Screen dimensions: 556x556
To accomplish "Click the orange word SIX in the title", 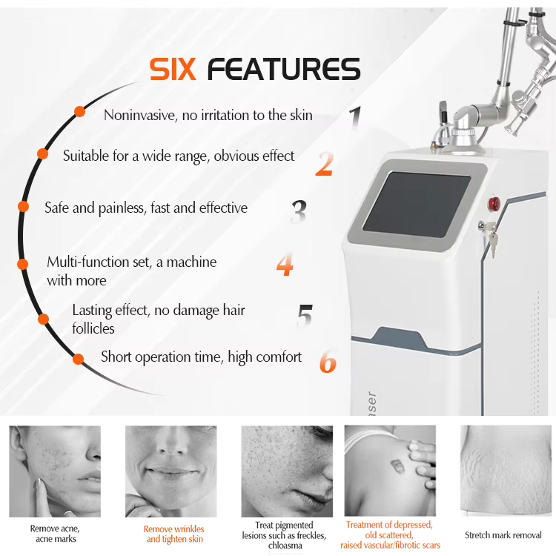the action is click(x=173, y=69).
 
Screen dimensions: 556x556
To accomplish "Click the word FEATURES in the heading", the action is click(x=284, y=69).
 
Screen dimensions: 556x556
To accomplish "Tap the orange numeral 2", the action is click(x=325, y=164).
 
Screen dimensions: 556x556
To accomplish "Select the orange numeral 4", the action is click(x=285, y=264).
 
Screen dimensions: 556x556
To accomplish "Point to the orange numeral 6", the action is click(x=328, y=362).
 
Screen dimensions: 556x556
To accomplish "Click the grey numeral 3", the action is click(x=299, y=211).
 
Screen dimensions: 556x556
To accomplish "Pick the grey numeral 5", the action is click(x=305, y=316).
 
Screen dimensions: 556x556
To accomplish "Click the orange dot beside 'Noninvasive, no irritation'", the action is click(x=80, y=112).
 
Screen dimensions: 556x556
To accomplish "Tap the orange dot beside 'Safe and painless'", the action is click(x=24, y=206).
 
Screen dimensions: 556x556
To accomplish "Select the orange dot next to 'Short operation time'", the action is click(x=78, y=359).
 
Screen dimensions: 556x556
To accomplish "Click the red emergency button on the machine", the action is click(x=494, y=204).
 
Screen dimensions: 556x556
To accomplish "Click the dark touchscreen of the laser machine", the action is click(x=417, y=205).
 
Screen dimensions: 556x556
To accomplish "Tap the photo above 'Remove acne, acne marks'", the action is click(x=55, y=471).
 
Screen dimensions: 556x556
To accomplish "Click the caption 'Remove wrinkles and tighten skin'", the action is click(x=174, y=534).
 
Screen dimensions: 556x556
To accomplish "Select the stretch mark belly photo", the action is click(x=506, y=471).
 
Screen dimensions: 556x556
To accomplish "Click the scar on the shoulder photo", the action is click(x=397, y=466).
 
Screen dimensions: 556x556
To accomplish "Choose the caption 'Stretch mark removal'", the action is click(x=503, y=535).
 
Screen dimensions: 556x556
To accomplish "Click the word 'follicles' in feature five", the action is click(x=93, y=328).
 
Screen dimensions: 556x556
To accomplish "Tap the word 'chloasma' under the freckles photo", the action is click(x=285, y=545).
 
